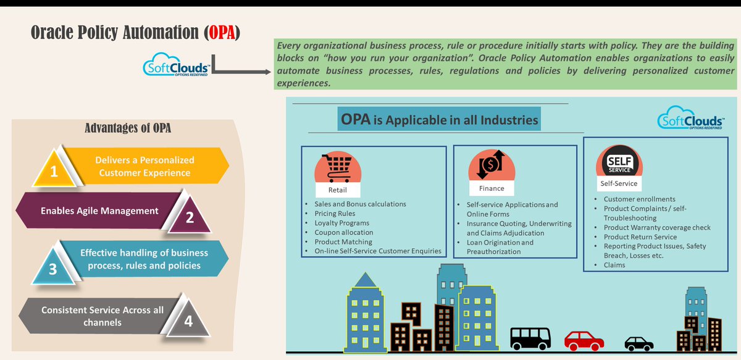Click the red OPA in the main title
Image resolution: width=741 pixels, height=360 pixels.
[x=221, y=33]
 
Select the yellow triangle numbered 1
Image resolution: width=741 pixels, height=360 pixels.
[x=54, y=169]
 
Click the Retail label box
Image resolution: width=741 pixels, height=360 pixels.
[x=338, y=190]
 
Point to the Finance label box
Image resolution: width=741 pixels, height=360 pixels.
[x=492, y=188]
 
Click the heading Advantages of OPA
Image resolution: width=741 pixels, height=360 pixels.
[x=127, y=128]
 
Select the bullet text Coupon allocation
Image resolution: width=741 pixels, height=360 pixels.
[x=343, y=232]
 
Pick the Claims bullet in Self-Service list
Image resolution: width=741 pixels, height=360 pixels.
[x=614, y=265]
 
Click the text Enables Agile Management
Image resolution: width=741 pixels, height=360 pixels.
[x=99, y=211]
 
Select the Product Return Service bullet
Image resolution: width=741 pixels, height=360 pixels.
[x=640, y=237]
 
